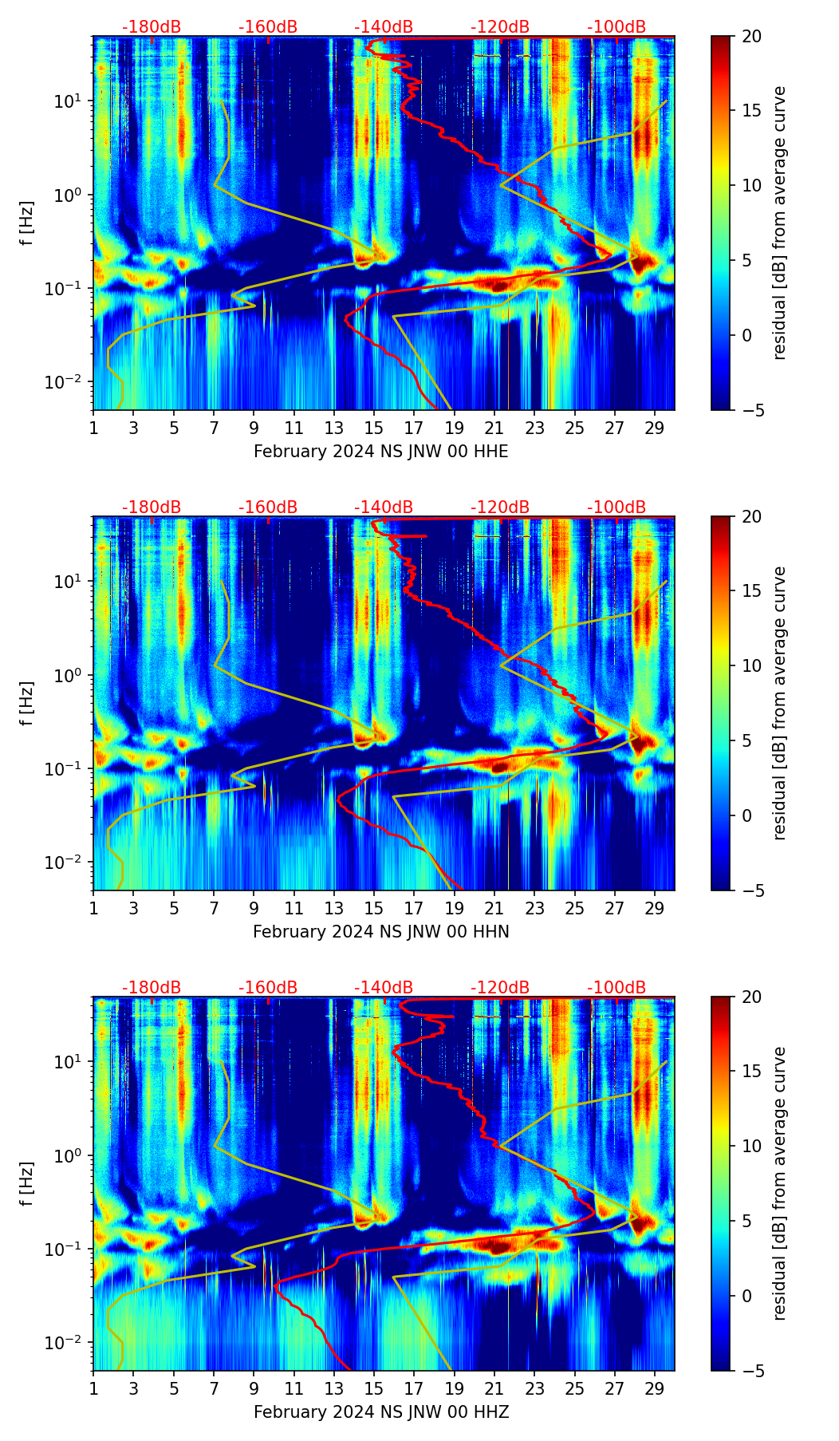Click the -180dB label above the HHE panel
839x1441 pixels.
(152, 27)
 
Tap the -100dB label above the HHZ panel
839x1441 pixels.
(616, 988)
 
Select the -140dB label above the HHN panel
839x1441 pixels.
(384, 507)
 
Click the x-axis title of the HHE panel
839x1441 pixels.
(380, 452)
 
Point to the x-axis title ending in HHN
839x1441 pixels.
(380, 932)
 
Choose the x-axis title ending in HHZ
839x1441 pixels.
(380, 1412)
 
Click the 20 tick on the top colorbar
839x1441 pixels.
(750, 37)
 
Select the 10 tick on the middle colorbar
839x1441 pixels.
(750, 665)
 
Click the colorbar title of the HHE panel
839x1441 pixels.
(780, 223)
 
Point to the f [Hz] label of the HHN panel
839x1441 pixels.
(27, 703)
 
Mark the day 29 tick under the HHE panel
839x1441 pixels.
(655, 428)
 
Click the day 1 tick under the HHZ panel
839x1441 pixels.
(94, 1388)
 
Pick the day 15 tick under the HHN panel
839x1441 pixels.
(374, 908)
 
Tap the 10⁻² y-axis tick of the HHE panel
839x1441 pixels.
(70, 382)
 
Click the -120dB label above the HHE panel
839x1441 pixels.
(500, 27)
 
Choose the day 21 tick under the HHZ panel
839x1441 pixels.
(494, 1388)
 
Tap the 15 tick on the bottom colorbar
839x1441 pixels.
(750, 1072)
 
